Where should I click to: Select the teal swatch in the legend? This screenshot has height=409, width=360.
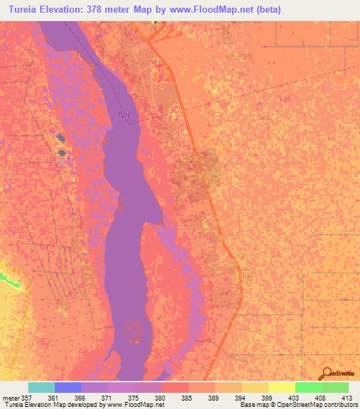pyautogui.click(x=41, y=387)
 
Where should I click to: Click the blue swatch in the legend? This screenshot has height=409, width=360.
pyautogui.click(x=68, y=387)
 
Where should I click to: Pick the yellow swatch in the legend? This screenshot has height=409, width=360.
pyautogui.click(x=282, y=387)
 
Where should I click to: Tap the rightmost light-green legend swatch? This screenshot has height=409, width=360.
pyautogui.click(x=335, y=387)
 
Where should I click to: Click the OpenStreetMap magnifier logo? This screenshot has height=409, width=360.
pyautogui.click(x=326, y=373)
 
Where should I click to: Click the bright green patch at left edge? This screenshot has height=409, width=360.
pyautogui.click(x=10, y=279)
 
